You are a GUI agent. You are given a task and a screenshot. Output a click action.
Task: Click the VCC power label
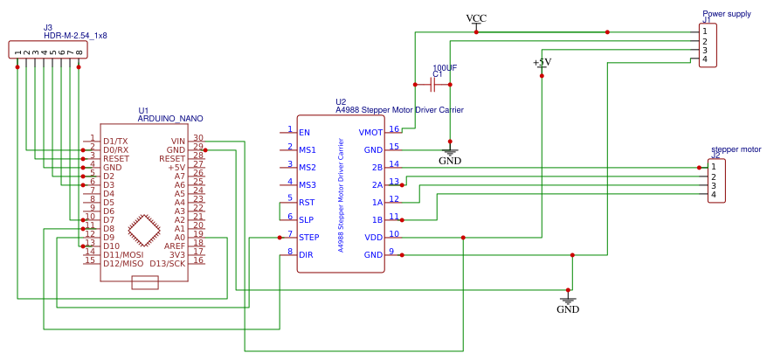point(476,18)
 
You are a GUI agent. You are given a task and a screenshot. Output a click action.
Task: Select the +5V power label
point(542,62)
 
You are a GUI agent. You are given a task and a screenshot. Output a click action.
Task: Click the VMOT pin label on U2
point(370,133)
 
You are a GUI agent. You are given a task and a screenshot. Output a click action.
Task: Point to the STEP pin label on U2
point(309,237)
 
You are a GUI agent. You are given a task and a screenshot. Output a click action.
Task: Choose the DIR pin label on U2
point(306,254)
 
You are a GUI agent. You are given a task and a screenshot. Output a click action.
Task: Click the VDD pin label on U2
point(373,237)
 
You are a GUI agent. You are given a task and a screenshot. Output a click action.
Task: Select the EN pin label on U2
point(304,133)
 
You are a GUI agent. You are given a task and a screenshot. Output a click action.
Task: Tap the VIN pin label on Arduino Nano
point(177,141)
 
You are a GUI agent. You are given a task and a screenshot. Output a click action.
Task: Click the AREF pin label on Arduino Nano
point(175,246)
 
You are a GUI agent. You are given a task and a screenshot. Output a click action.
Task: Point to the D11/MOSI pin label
point(123,254)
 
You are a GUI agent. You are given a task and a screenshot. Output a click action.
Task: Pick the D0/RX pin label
point(115,149)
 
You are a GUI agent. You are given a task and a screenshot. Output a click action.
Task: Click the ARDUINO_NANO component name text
point(170,118)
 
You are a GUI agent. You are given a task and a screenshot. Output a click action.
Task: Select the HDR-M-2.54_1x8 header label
point(81,36)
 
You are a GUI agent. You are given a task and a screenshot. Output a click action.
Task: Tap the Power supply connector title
point(726,14)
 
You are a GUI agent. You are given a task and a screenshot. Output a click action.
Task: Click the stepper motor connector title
point(736,149)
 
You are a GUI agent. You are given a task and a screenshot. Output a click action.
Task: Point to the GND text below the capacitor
point(450,161)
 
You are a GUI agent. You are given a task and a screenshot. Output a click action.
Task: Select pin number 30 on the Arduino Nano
point(198,138)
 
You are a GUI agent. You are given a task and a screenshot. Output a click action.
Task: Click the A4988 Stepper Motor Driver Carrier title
point(399,110)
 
